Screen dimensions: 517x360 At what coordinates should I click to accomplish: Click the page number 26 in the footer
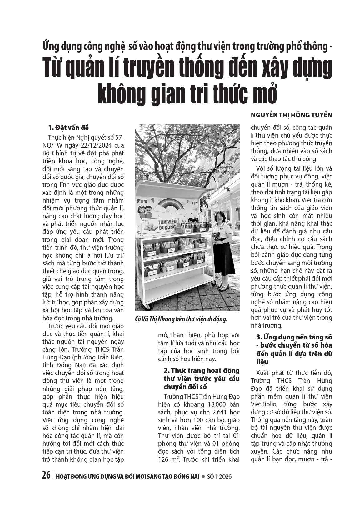point(46,475)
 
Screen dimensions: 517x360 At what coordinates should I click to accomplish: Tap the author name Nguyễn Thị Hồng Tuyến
point(291,115)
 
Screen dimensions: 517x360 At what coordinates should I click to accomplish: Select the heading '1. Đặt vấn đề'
point(68,128)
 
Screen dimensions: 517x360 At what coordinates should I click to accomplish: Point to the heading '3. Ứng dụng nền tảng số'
point(294,337)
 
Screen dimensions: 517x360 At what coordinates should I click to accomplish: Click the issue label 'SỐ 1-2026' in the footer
point(220,476)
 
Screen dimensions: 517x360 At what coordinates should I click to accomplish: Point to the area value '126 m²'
point(169,459)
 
